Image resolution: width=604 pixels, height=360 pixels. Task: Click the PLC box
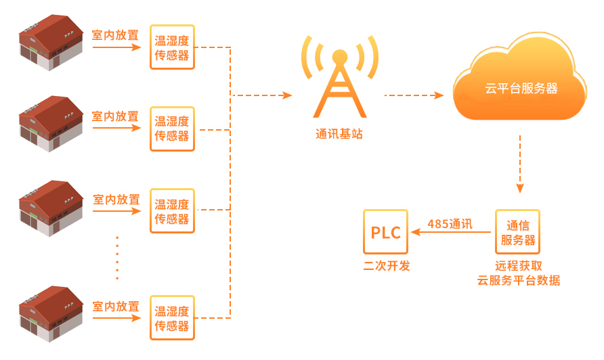tap(386, 232)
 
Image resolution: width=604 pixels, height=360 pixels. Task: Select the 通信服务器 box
tap(518, 232)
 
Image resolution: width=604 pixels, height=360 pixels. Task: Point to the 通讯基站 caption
tap(339, 134)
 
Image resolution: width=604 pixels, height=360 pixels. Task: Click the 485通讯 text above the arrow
tap(450, 223)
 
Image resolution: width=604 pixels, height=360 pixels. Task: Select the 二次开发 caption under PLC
tap(387, 266)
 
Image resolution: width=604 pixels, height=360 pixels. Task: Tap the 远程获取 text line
tap(519, 266)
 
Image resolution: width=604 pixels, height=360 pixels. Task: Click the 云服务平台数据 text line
tap(519, 280)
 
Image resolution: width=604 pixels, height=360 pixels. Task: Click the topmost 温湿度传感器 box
tap(172, 47)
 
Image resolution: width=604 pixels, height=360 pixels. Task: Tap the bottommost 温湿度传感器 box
tap(172, 318)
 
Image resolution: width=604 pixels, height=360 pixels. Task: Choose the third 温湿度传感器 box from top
tap(172, 211)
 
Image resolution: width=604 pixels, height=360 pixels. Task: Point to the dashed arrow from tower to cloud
tap(414, 95)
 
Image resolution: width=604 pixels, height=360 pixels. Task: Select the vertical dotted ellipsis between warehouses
tap(117, 257)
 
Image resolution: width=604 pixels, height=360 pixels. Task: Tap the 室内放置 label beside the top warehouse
tap(115, 35)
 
